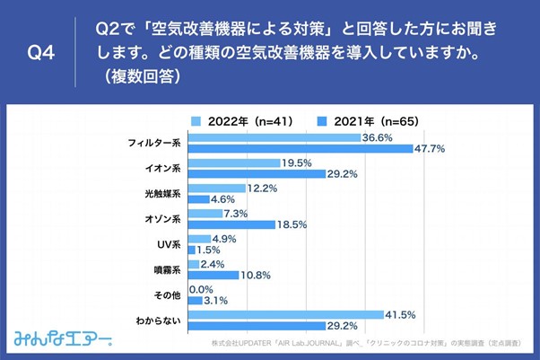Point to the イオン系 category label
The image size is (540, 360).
click(163, 168)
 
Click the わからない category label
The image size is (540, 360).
click(160, 319)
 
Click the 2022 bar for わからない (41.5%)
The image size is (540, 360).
click(284, 313)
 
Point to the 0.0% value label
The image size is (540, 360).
click(202, 289)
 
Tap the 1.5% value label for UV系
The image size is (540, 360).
click(209, 250)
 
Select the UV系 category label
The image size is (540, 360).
click(169, 243)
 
